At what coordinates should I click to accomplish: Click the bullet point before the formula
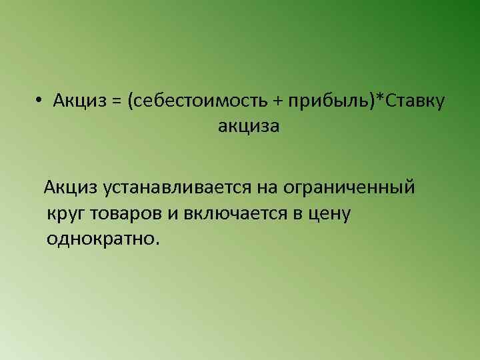[40, 101]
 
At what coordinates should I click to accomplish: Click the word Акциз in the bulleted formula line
[79, 101]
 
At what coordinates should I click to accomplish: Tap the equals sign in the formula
[117, 101]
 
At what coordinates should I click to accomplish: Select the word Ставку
[415, 101]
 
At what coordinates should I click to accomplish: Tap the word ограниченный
[349, 188]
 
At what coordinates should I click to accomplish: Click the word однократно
[100, 238]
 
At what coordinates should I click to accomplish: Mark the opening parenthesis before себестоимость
[133, 101]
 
